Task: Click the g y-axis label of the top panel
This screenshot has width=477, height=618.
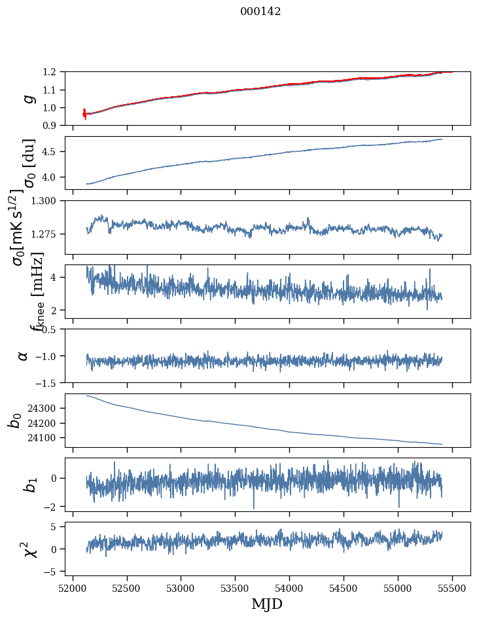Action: [28, 98]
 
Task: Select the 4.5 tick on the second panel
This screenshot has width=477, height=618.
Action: [52, 152]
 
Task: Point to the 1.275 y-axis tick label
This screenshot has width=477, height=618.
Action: [46, 234]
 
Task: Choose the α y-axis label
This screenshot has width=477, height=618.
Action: [24, 355]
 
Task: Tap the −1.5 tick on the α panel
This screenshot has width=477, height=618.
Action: [48, 382]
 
